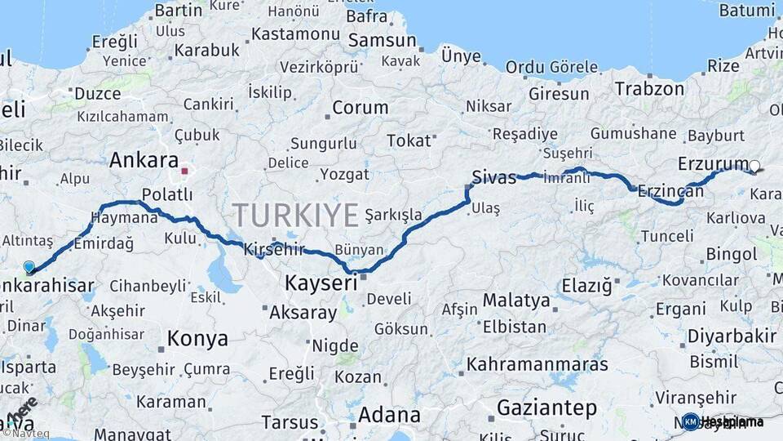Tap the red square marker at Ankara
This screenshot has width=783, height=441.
(185, 171)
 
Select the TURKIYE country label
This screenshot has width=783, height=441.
(295, 216)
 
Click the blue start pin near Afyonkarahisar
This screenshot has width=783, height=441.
(29, 267)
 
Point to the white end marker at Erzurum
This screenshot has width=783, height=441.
(754, 167)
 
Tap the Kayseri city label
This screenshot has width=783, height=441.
(321, 284)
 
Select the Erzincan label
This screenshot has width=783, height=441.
(670, 191)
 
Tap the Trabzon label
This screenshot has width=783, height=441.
(649, 88)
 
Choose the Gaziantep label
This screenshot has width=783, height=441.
(546, 407)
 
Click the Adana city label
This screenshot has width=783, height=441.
(389, 415)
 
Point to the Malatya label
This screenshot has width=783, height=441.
(516, 301)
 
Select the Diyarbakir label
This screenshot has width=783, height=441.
(732, 336)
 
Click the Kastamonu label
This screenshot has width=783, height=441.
(295, 34)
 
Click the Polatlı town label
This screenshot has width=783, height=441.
(167, 194)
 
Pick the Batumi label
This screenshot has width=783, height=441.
(747, 11)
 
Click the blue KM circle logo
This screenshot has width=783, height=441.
(691, 422)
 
